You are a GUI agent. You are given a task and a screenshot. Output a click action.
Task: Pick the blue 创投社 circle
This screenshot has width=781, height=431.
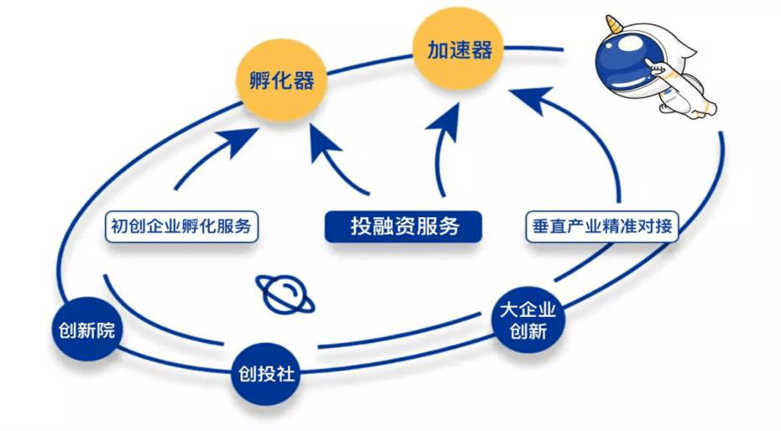(263, 373)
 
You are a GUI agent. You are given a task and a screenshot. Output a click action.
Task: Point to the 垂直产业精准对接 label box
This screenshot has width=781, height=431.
(601, 226)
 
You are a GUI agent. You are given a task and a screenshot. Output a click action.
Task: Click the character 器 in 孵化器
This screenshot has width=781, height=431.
(303, 81)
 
